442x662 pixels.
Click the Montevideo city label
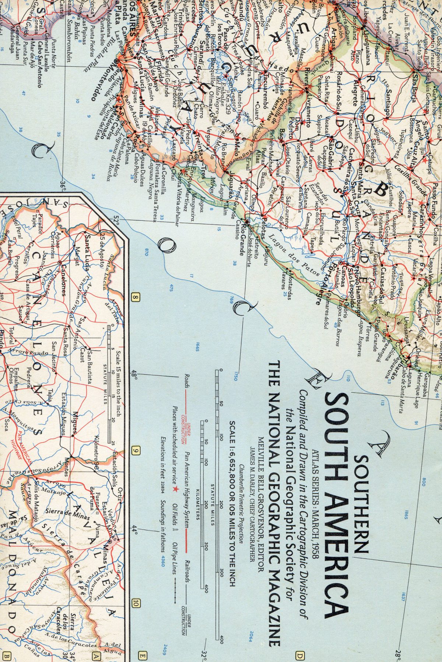[97, 76]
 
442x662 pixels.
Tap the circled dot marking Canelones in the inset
[60, 262]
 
